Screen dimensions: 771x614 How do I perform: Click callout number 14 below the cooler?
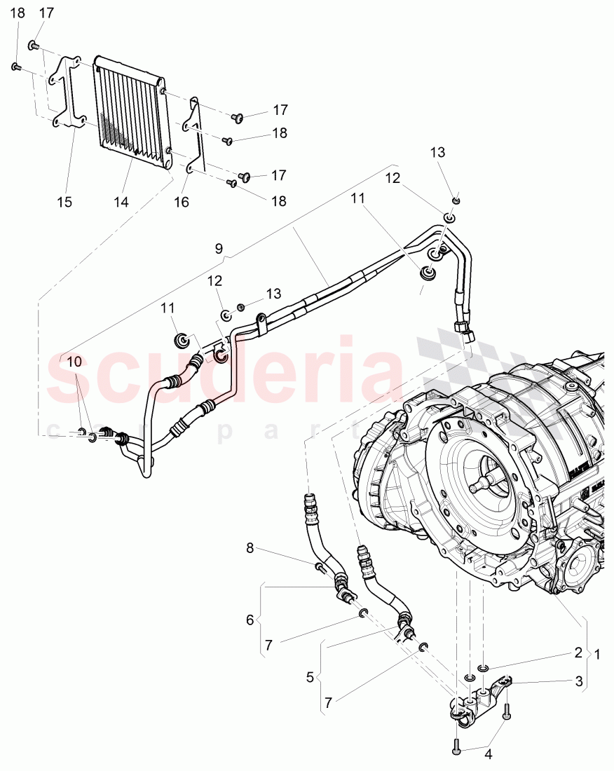[122, 202]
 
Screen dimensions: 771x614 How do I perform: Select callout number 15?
[64, 202]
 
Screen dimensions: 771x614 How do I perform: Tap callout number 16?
[181, 202]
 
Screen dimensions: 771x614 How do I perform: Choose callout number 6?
[250, 620]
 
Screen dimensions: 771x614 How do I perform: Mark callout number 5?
[311, 678]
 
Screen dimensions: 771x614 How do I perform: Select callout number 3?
[579, 680]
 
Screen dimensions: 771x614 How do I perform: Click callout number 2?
[578, 652]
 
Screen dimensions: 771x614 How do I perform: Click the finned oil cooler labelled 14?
[132, 112]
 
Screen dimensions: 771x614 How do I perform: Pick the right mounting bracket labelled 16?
[194, 137]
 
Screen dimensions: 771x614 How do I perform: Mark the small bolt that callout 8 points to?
[320, 567]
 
